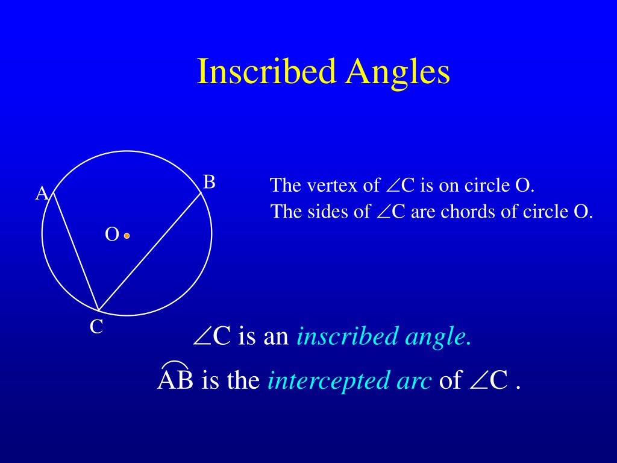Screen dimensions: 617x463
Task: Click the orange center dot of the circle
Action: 127,236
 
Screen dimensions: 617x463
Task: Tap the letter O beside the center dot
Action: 111,235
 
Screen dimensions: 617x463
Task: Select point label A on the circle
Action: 42,194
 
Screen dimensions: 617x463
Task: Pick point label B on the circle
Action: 209,182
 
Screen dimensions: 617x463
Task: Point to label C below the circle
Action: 96,327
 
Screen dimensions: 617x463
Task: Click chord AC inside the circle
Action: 76,251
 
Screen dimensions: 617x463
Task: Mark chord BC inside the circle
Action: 150,251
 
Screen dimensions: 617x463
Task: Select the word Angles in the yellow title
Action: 398,73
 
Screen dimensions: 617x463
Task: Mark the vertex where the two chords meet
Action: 98,310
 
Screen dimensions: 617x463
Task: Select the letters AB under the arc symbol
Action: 175,380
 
